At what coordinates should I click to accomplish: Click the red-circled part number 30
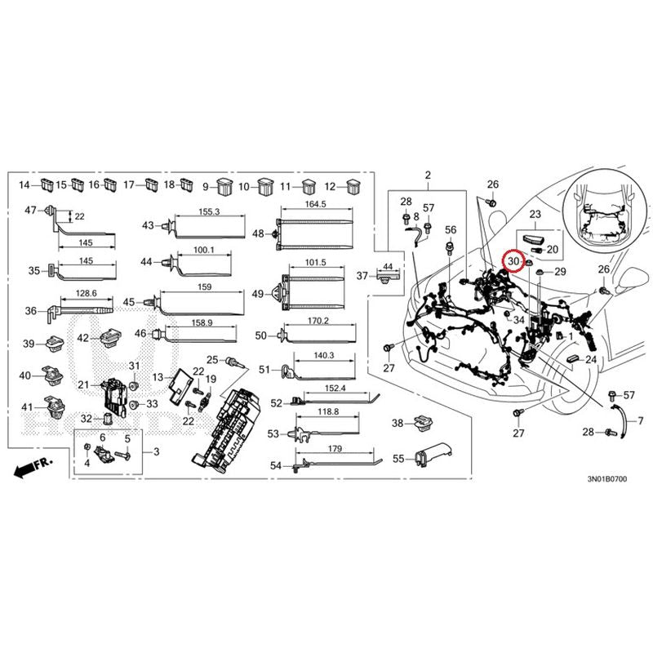pyautogui.click(x=513, y=261)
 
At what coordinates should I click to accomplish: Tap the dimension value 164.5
pyautogui.click(x=315, y=204)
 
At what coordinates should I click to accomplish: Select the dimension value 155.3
pyautogui.click(x=209, y=211)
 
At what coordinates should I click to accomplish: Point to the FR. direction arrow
pyautogui.click(x=33, y=468)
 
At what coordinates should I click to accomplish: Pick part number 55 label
pyautogui.click(x=398, y=460)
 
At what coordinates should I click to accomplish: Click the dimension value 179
pyautogui.click(x=331, y=450)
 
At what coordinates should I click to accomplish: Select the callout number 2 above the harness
pyautogui.click(x=427, y=175)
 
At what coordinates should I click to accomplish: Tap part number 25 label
pyautogui.click(x=211, y=360)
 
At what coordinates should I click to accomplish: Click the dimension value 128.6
pyautogui.click(x=85, y=293)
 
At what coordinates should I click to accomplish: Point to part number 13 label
pyautogui.click(x=158, y=377)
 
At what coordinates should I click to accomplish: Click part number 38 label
pyautogui.click(x=398, y=423)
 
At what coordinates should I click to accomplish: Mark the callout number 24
pyautogui.click(x=590, y=360)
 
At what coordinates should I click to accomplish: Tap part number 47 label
pyautogui.click(x=30, y=211)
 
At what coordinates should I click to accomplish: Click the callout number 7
pyautogui.click(x=640, y=421)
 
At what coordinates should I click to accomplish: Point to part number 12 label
pyautogui.click(x=331, y=186)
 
